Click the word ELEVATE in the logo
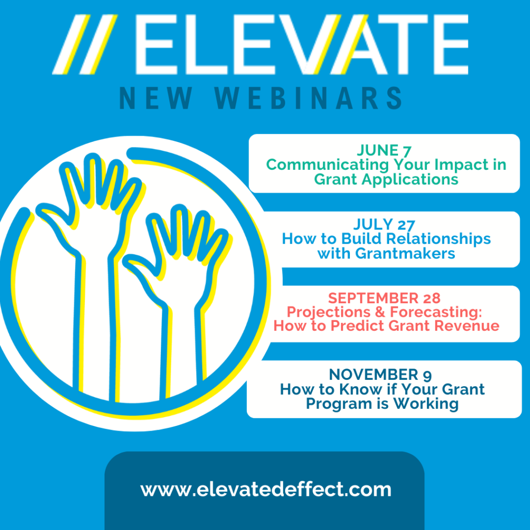tap(302, 45)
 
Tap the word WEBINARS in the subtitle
tap(308, 98)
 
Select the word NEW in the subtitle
tap(156, 98)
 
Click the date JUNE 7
tap(385, 151)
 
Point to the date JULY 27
tap(385, 225)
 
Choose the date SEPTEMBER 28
tap(385, 298)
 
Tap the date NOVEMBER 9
tap(380, 375)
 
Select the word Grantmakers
tap(405, 254)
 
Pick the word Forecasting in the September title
tap(436, 312)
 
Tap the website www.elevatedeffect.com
tap(266, 489)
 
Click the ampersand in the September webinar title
tap(380, 312)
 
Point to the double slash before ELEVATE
tap(85, 45)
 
